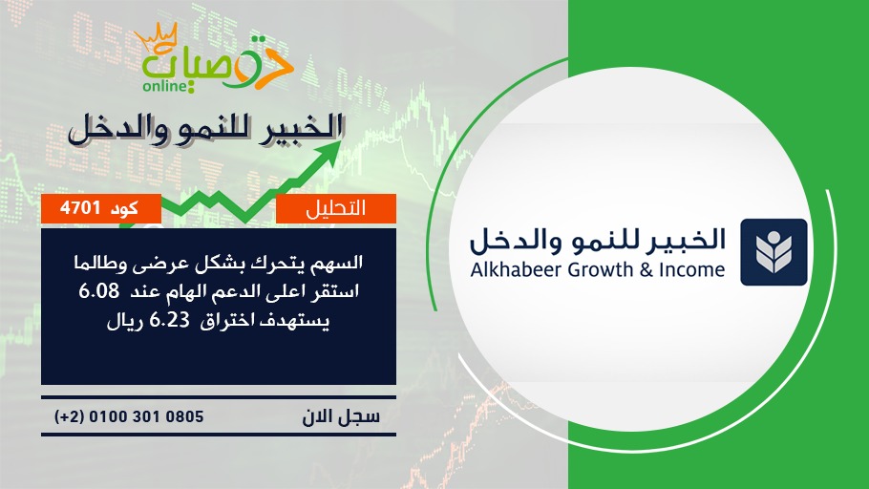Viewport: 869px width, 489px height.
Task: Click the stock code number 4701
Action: coord(80,208)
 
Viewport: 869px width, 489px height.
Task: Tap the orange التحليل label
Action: coord(336,208)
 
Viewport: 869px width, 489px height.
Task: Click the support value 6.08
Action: coord(98,291)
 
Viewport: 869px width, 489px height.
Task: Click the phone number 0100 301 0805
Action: coord(146,416)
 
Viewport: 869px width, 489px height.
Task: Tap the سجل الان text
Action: coord(341,416)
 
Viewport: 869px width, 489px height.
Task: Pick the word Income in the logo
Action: coord(692,270)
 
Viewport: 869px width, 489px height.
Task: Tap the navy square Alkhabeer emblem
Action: coord(774,252)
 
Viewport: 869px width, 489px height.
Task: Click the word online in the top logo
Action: coord(164,86)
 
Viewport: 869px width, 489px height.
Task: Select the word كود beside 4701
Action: coord(124,209)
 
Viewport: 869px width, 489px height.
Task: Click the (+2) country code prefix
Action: coord(69,416)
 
